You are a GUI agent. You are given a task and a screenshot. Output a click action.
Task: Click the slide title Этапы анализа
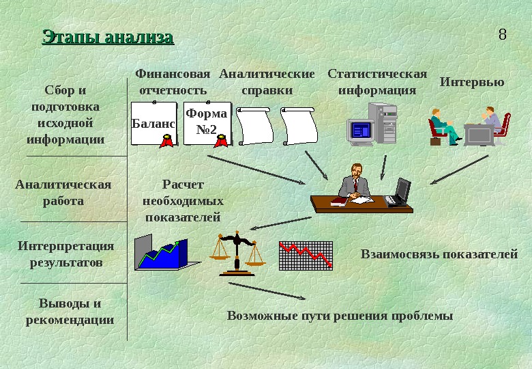(x=108, y=37)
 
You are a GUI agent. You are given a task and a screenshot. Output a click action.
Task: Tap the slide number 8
(x=503, y=34)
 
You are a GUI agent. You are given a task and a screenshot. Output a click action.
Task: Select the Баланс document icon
(x=153, y=124)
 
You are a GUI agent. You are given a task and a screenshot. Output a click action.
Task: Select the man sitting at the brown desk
(x=354, y=183)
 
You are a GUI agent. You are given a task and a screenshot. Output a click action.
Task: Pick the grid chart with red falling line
(x=306, y=255)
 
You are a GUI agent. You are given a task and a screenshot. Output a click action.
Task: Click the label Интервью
(x=472, y=82)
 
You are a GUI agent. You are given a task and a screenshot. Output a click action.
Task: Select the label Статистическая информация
(x=377, y=82)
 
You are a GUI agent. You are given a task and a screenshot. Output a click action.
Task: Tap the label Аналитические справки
(x=267, y=82)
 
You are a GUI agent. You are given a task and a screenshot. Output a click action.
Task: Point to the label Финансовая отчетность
(x=173, y=82)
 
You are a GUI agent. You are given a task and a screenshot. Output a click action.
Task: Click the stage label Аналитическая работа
(x=63, y=193)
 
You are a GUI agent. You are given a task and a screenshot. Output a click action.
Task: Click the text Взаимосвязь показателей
(x=439, y=254)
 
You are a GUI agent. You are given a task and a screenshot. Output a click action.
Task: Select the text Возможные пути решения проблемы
(x=340, y=316)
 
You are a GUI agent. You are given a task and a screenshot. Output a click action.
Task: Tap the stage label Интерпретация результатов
(x=66, y=254)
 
